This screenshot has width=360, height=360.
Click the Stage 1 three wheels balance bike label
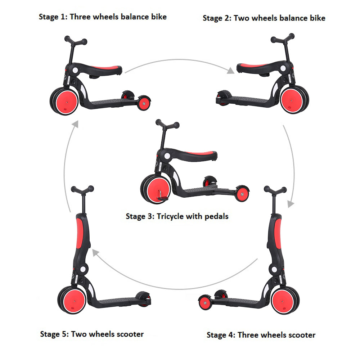click(103, 17)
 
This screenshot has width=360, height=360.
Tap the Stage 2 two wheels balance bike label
click(264, 18)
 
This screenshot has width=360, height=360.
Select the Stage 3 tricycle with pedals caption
click(177, 216)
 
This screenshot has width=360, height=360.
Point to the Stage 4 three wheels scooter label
click(261, 335)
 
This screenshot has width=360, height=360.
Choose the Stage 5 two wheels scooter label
click(92, 334)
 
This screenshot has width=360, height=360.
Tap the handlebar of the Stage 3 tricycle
click(167, 125)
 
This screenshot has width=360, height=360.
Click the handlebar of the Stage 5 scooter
click(82, 189)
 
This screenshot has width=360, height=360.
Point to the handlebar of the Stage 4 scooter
click(275, 189)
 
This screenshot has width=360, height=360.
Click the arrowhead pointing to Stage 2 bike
click(230, 70)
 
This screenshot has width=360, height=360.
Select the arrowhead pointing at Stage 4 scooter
click(291, 204)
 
